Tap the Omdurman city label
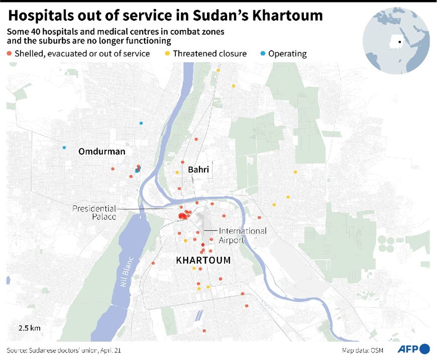coord(101,152)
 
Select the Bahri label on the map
coord(198,170)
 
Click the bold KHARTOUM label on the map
coord(203,261)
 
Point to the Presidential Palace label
coord(94,212)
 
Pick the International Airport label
coord(243,235)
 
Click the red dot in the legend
coord(9,54)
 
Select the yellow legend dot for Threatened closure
coord(168,54)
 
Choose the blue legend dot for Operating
coord(263,54)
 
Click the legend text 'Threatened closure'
coord(209,54)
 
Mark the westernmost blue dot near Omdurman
coord(64,148)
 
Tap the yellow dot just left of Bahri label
coord(177,173)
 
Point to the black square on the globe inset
coord(399,42)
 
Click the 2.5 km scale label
coord(30,328)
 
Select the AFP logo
coord(414,349)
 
